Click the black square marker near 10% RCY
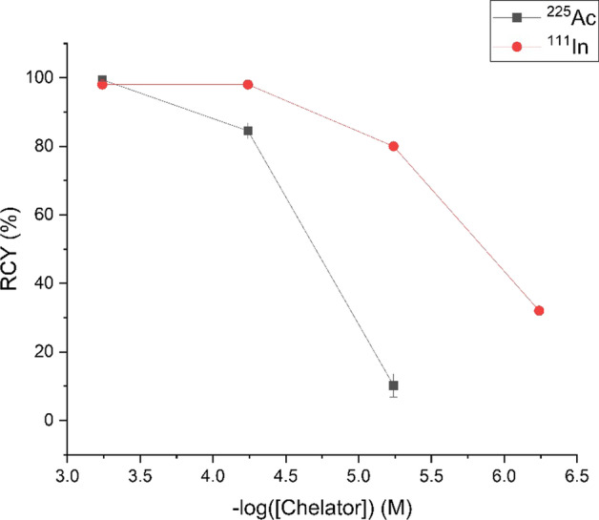coord(393,385)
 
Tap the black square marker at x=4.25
coord(248,131)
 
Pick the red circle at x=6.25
coord(539,310)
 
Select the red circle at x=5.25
coord(393,146)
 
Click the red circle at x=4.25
coord(248,84)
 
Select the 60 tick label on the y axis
coord(45,215)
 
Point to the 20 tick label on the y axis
coord(45,352)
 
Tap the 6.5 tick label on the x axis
coord(575,473)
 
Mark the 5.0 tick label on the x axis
coord(358,473)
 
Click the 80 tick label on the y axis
coord(45,146)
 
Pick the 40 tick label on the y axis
coord(45,283)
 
